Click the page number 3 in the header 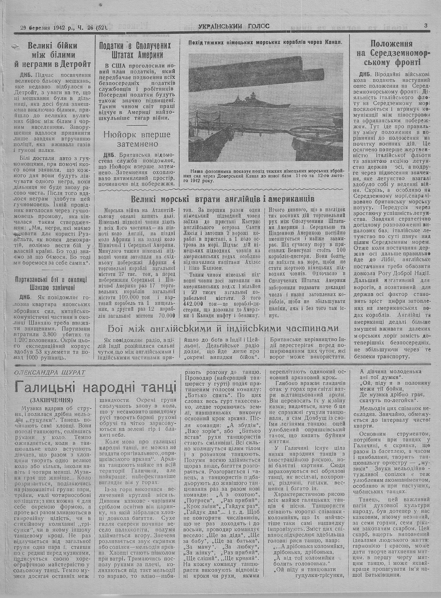pyautogui.click(x=426, y=26)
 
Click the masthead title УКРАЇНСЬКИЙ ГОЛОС pyautogui.click(x=234, y=26)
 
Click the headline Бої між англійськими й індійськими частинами pyautogui.click(x=224, y=329)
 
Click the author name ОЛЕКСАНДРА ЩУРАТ pyautogui.click(x=50, y=372)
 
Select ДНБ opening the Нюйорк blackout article pyautogui.click(x=109, y=155)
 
